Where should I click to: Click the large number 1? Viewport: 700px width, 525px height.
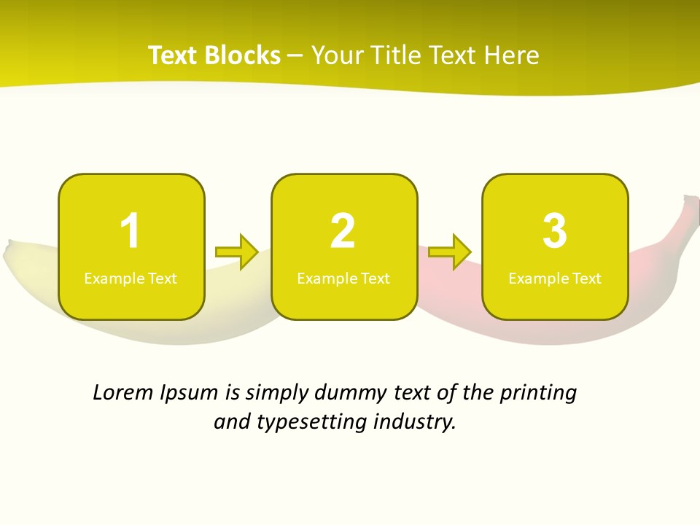point(130,231)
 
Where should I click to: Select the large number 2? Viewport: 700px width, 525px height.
point(343,231)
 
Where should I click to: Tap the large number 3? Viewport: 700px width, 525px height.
point(555,231)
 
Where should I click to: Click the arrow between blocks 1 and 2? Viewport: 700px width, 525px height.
point(237,252)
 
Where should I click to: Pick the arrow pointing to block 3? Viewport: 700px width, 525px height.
point(450,252)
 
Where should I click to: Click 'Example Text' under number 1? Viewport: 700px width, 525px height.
point(131,278)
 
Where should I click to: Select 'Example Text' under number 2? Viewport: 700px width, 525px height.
point(343,278)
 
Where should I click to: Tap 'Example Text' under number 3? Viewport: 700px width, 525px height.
point(555,278)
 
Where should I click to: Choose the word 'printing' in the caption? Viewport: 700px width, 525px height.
point(538,394)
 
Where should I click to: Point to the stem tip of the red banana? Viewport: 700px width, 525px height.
point(691,200)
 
